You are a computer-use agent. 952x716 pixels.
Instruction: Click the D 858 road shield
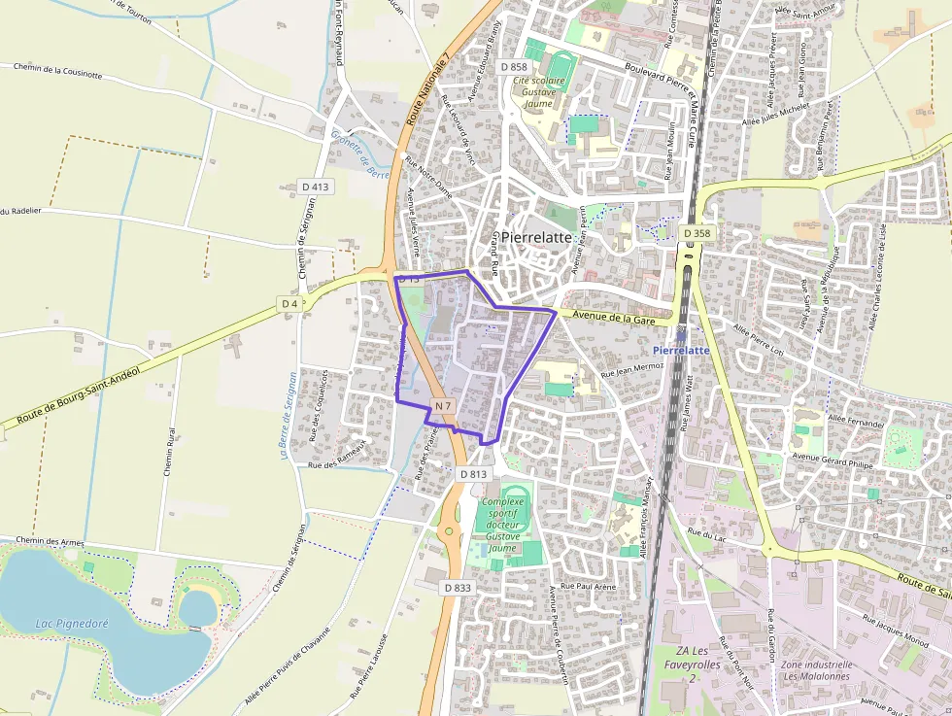tap(515, 66)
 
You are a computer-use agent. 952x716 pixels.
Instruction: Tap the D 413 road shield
tap(316, 187)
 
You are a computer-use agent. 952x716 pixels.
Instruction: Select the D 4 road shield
tap(289, 304)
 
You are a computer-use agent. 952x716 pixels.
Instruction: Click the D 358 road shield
tap(696, 233)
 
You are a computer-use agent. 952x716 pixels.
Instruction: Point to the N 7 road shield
tap(443, 405)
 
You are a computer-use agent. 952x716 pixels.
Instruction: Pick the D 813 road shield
tap(472, 473)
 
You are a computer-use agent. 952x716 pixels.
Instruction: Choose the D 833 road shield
tap(457, 588)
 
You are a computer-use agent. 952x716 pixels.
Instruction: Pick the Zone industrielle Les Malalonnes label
tap(816, 669)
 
